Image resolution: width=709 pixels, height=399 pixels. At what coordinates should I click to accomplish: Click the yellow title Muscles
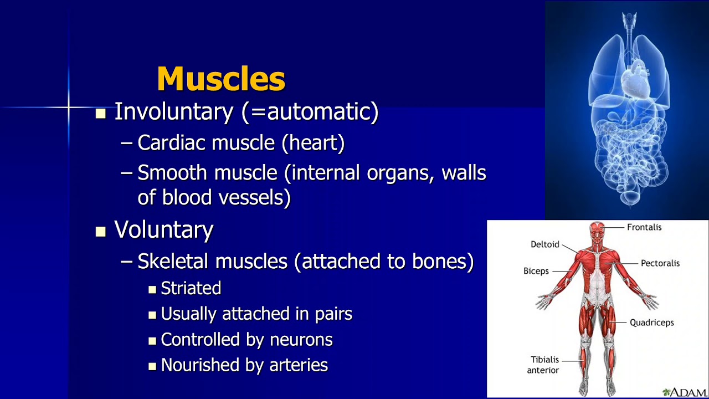click(x=221, y=79)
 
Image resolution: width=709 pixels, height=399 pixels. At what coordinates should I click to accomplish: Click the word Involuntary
click(x=173, y=112)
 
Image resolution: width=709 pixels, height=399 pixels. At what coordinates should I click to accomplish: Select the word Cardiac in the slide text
click(x=172, y=143)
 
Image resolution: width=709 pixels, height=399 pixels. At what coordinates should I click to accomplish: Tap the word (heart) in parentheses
click(x=313, y=143)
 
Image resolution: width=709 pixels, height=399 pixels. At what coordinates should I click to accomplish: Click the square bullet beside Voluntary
click(x=100, y=232)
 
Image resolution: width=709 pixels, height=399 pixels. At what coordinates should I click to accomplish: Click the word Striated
click(x=191, y=288)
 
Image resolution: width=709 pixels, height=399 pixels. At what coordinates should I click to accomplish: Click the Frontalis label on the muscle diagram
click(x=644, y=227)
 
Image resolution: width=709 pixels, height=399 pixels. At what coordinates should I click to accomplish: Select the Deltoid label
click(x=544, y=244)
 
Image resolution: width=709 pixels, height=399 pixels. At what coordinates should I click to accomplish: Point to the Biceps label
click(x=536, y=271)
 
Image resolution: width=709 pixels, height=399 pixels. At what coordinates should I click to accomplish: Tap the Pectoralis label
click(x=660, y=263)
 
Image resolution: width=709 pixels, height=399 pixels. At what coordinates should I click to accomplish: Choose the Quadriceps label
click(x=651, y=323)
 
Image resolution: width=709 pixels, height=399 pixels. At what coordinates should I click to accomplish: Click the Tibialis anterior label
click(x=544, y=365)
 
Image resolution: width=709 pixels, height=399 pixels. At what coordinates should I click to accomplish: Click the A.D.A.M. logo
click(x=685, y=392)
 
